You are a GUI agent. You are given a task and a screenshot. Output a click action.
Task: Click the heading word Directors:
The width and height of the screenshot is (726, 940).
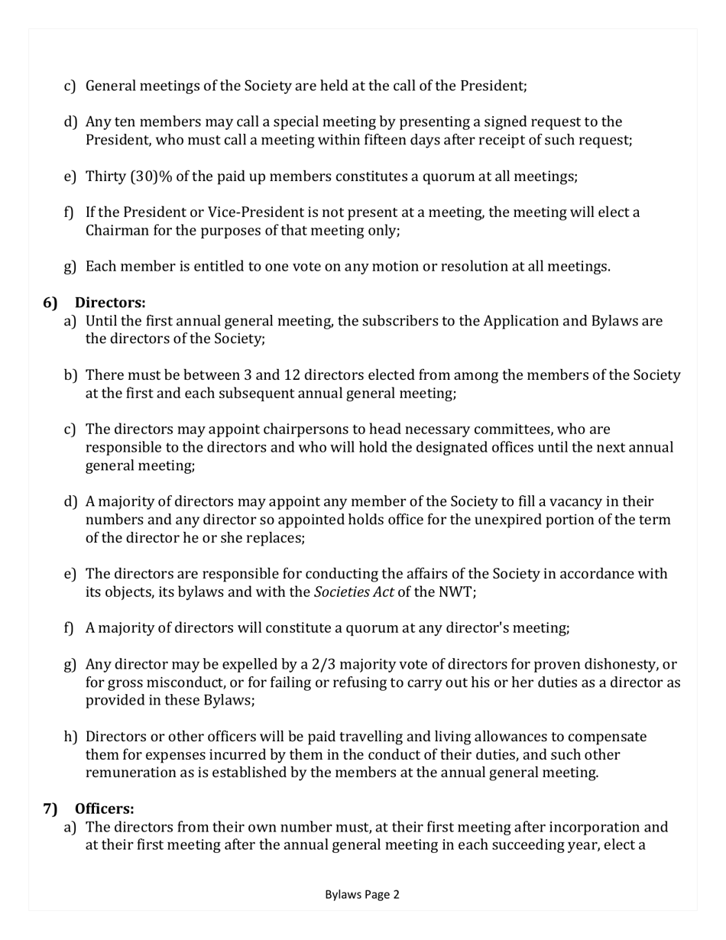click(115, 303)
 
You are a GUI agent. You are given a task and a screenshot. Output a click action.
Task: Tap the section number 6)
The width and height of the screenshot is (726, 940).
click(50, 303)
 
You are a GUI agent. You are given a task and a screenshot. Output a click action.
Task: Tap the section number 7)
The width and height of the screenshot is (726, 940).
click(50, 809)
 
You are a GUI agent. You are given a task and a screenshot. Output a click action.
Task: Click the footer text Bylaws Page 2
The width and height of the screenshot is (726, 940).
click(362, 894)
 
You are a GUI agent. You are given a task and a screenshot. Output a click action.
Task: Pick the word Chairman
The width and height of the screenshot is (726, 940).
click(116, 230)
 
